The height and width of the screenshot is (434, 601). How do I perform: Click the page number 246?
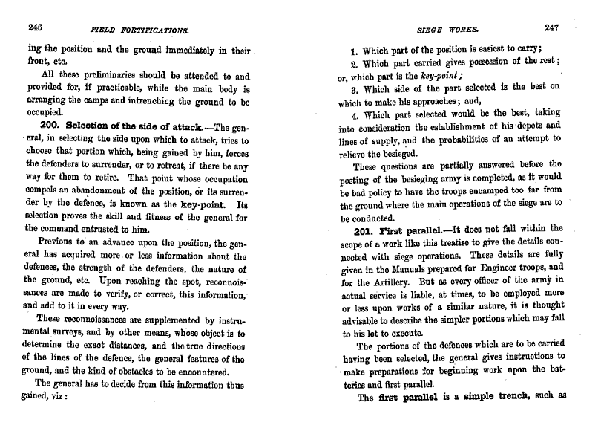pyautogui.click(x=31, y=29)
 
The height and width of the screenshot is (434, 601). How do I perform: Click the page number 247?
pyautogui.click(x=551, y=28)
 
